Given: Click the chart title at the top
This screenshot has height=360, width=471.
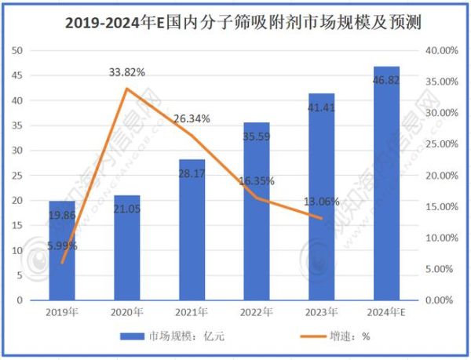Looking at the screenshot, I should pos(235,23).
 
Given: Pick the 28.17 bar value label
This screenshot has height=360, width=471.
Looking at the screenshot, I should pos(192,173).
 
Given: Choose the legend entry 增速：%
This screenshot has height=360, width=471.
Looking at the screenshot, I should pos(330,336).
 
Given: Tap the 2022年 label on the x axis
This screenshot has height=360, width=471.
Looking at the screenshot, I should pos(257,311).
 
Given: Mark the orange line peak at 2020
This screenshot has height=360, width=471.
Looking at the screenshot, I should pos(127,89).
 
